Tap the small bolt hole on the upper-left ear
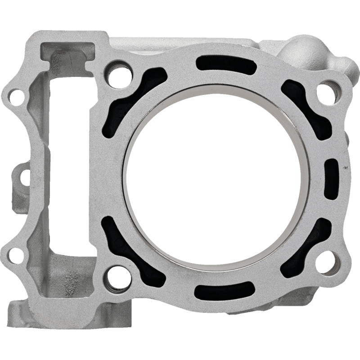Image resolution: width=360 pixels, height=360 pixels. coord(17,96)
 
